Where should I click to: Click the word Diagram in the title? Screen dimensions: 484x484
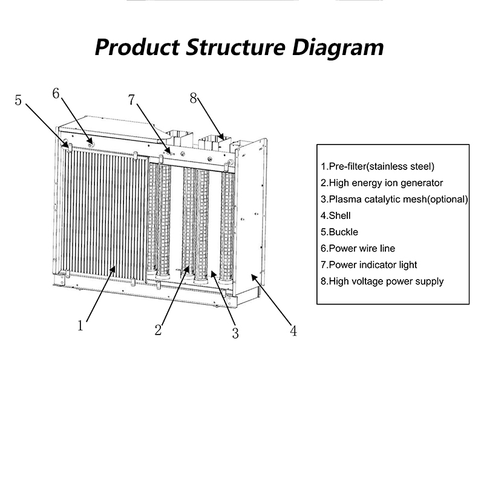(328, 47)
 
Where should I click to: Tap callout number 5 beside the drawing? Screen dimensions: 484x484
(19, 100)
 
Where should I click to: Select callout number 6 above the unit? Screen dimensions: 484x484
(56, 93)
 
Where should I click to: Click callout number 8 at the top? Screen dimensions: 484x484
(193, 98)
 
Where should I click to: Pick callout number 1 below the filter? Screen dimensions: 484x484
(80, 325)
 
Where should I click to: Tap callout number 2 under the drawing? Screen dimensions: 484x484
(158, 330)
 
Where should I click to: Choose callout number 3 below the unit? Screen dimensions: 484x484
(235, 333)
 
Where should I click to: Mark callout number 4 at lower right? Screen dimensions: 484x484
(293, 331)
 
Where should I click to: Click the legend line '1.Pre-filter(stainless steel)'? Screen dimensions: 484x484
(378, 166)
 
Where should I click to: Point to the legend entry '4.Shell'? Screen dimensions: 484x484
(336, 215)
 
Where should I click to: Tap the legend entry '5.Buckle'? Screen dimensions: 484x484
(339, 232)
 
